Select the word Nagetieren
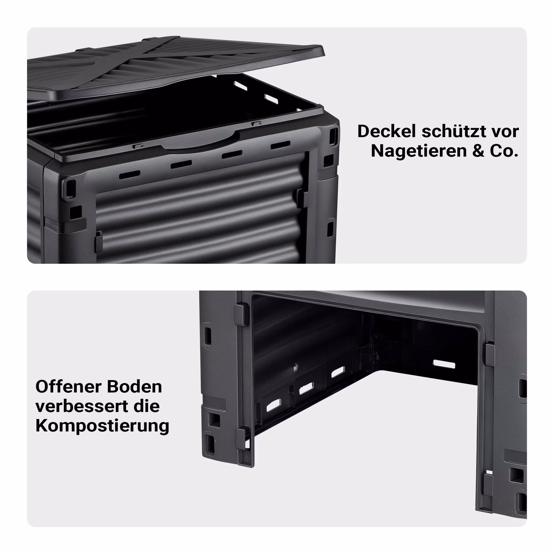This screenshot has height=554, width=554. pyautogui.click(x=419, y=151)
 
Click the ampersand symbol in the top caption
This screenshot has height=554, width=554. pyautogui.click(x=478, y=151)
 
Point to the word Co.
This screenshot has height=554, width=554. pyautogui.click(x=504, y=151)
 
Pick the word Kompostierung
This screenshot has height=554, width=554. pyautogui.click(x=102, y=426)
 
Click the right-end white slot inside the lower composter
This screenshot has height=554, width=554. pyautogui.click(x=444, y=364)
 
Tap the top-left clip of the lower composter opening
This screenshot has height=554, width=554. pyautogui.click(x=241, y=315)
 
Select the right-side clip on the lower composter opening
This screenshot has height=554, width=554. pyautogui.click(x=490, y=353)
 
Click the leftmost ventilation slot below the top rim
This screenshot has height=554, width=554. pyautogui.click(x=130, y=175)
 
